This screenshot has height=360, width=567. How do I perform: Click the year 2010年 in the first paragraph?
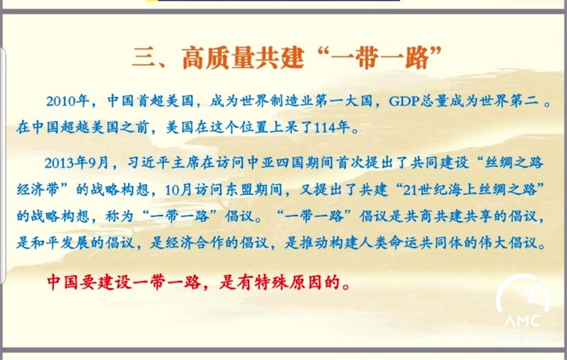pos(68,101)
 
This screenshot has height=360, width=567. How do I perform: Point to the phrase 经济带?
pos(38,190)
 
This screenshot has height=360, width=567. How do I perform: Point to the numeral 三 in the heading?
pos(144,58)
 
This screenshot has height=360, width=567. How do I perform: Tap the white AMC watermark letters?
pos(523,321)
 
